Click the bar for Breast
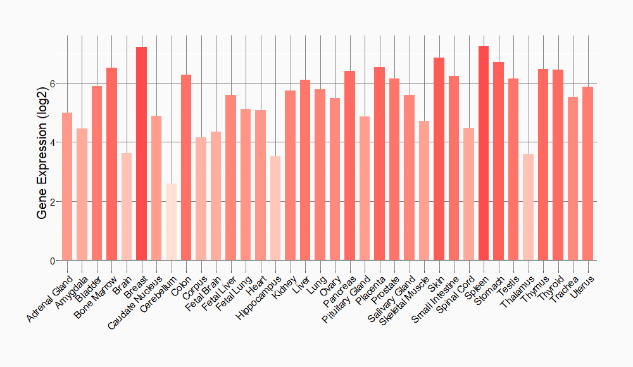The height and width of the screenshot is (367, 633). click(x=141, y=154)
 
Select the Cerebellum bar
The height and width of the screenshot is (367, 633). click(x=171, y=222)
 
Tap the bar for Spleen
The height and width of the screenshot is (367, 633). click(x=484, y=153)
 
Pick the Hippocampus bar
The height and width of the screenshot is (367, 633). click(x=275, y=208)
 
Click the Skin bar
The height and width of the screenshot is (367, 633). click(x=439, y=159)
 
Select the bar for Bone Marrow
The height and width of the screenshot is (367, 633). click(x=111, y=164)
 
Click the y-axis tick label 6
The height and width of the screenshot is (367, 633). click(x=53, y=84)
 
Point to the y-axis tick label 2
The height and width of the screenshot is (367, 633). click(x=53, y=202)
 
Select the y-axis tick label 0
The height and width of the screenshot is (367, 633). click(x=53, y=261)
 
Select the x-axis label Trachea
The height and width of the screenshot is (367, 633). click(x=566, y=287)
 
